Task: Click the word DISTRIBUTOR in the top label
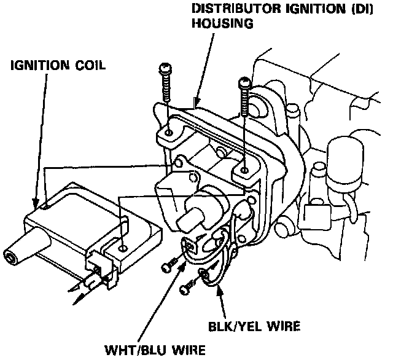[x=229, y=10]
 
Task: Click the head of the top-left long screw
[x=164, y=66]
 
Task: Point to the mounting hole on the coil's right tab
[x=125, y=248]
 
